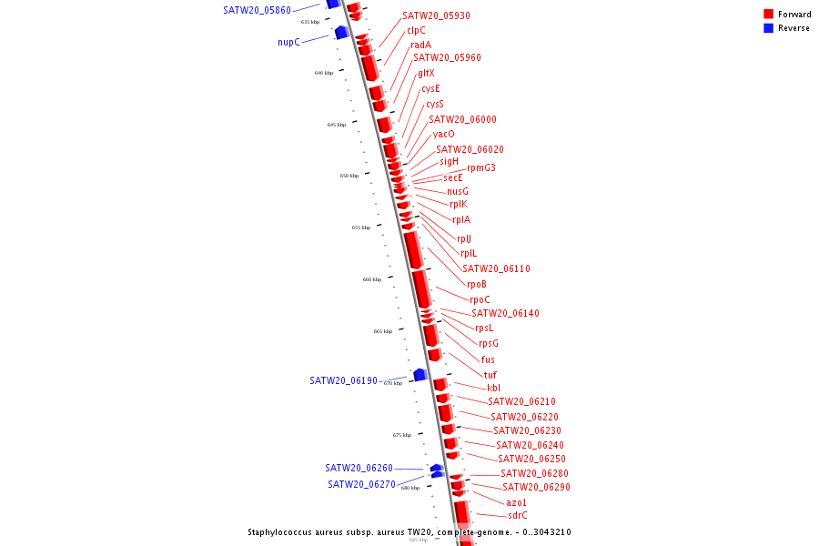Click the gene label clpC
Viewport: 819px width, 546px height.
click(416, 30)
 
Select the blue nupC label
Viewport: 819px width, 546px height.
click(288, 42)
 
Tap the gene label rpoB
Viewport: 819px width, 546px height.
click(477, 284)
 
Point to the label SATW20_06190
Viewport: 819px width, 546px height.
click(343, 380)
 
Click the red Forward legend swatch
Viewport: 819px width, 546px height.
click(768, 14)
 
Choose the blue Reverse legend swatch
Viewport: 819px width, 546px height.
click(768, 27)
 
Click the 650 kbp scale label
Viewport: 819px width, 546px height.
click(349, 176)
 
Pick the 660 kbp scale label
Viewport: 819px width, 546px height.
click(371, 279)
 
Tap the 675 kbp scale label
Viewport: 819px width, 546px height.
click(402, 435)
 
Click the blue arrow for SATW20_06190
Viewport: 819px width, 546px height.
click(420, 375)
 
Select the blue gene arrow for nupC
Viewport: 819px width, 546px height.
click(341, 33)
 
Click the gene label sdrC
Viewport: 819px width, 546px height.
click(517, 515)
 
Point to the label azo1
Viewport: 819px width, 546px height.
click(516, 502)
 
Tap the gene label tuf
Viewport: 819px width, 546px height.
click(490, 375)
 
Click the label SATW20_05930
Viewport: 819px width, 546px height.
click(436, 16)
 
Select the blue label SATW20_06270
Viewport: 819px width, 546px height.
click(361, 484)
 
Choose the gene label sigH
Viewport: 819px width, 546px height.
click(450, 161)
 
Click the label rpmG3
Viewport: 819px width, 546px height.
click(480, 167)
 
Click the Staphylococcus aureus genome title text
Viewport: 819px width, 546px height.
click(409, 532)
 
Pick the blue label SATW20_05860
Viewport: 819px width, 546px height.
click(257, 10)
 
